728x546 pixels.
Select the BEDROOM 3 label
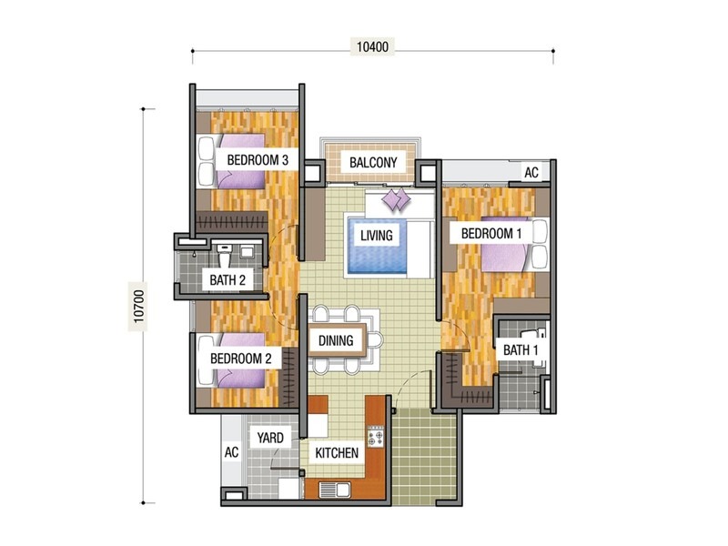point(258,160)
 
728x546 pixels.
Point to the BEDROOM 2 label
point(241,359)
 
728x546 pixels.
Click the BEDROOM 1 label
point(491,234)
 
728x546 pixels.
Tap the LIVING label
point(376,236)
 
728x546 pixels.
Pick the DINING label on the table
point(337,342)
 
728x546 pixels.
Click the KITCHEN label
point(337,452)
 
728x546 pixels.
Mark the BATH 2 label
point(227,280)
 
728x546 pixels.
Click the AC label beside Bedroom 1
point(531,173)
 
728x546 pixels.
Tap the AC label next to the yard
point(231,452)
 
